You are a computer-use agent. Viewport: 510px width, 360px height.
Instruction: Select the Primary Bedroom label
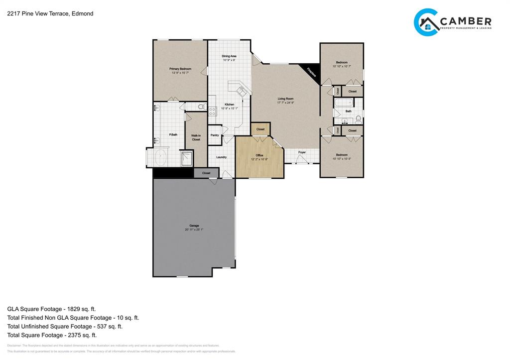(x=180, y=69)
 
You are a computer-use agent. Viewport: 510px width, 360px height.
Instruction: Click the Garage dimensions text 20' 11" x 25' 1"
(x=194, y=230)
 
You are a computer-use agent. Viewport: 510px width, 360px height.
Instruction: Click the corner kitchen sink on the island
(x=242, y=91)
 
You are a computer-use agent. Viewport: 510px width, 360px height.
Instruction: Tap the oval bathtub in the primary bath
(x=161, y=159)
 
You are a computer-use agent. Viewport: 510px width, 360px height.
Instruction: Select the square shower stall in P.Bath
(x=185, y=159)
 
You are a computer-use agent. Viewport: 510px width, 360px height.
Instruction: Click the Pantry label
(x=215, y=135)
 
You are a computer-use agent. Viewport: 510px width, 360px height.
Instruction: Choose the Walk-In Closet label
(x=196, y=137)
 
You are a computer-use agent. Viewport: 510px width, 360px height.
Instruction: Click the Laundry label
(x=221, y=157)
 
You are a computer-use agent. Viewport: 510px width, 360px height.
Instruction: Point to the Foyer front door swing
(x=301, y=159)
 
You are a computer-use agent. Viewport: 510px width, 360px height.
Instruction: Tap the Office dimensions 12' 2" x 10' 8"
(x=259, y=159)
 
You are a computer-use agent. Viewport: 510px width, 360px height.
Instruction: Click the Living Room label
(x=285, y=99)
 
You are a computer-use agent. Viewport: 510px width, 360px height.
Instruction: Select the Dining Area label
(x=229, y=56)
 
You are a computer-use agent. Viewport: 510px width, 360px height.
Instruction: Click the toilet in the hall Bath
(x=358, y=119)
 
